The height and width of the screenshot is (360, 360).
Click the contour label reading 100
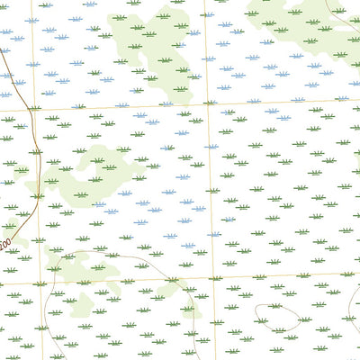[x=5, y=244]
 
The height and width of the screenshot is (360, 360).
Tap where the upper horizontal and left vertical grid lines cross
[x=37, y=109]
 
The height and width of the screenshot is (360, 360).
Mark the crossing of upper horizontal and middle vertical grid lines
[x=209, y=103]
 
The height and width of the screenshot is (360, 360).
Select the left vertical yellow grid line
[x=41, y=198]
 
